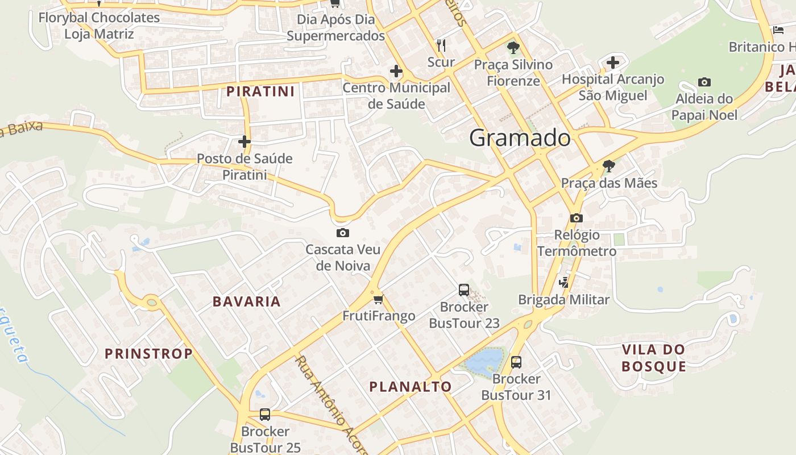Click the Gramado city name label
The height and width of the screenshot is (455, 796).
(x=520, y=138)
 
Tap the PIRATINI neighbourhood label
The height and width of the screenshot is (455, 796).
(x=260, y=91)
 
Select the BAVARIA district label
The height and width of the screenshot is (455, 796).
(x=247, y=301)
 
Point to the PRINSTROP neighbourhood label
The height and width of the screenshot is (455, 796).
(x=149, y=354)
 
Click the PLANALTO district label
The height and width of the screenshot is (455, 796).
(x=411, y=387)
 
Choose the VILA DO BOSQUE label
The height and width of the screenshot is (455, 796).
(x=653, y=358)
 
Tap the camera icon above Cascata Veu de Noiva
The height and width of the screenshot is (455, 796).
(x=343, y=233)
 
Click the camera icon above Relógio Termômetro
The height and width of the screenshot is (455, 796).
(x=577, y=218)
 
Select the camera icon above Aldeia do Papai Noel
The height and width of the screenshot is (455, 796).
(x=704, y=82)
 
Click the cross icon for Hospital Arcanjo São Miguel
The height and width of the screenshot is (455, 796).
(x=612, y=62)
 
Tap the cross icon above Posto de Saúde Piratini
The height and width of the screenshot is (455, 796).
(x=244, y=142)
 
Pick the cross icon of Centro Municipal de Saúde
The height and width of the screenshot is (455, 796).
(x=396, y=72)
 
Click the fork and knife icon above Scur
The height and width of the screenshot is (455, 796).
(x=441, y=45)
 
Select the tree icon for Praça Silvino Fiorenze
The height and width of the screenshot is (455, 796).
(x=513, y=48)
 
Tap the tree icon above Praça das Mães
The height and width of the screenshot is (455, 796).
(x=608, y=166)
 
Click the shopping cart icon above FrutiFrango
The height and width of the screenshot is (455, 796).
(x=378, y=299)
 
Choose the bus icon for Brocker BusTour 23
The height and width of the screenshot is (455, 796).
(x=464, y=290)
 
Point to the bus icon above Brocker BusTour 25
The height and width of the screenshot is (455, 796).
(x=265, y=415)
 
